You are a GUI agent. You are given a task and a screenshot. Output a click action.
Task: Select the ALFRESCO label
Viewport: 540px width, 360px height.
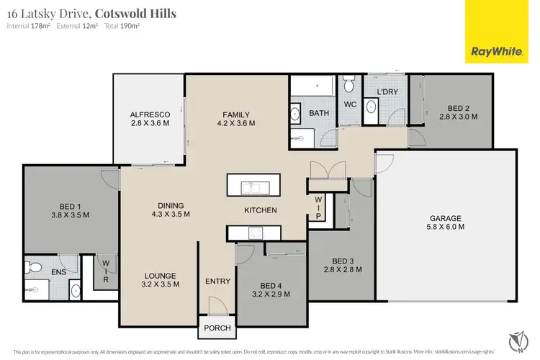[150, 114]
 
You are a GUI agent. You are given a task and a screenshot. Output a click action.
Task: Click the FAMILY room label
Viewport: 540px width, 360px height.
[235, 114]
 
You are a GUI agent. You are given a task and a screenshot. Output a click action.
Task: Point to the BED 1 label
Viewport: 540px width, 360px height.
[70, 205]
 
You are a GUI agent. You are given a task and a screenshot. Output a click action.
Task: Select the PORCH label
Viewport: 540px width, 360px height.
[217, 328]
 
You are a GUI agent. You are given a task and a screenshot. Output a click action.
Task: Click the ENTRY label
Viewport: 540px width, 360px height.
[217, 282]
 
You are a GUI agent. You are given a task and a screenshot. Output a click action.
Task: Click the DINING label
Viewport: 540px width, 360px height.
[171, 204]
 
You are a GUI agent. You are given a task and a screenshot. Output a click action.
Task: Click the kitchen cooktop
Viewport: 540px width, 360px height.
[256, 233]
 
